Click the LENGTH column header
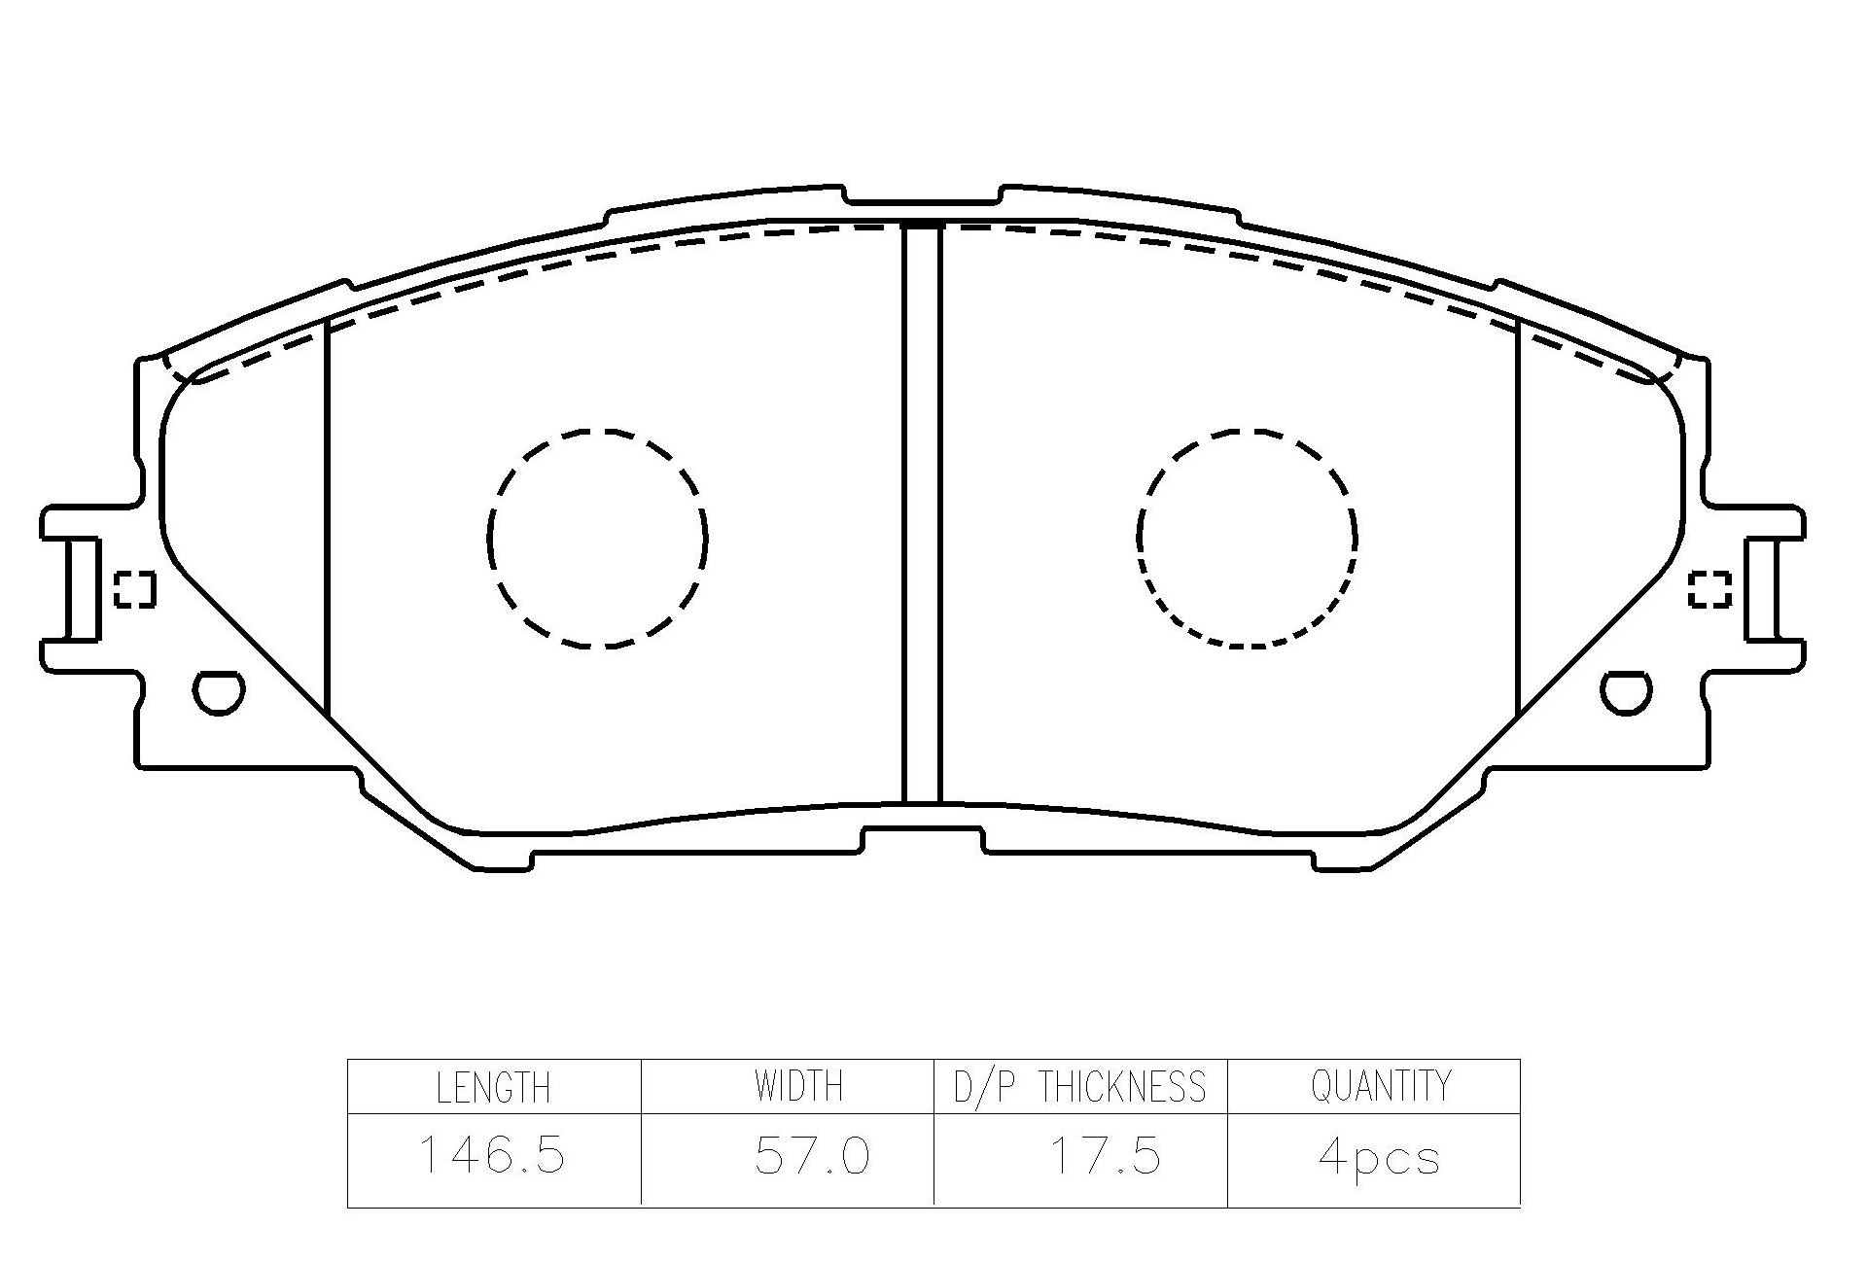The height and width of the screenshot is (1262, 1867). pyautogui.click(x=493, y=1087)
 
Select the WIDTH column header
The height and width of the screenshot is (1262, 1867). pyautogui.click(x=798, y=1086)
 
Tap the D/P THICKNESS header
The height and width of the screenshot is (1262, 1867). pyautogui.click(x=1079, y=1086)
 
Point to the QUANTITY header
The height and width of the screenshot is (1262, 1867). pyautogui.click(x=1381, y=1086)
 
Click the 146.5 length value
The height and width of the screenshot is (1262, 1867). pyautogui.click(x=491, y=1155)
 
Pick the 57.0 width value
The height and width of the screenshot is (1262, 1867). pyautogui.click(x=812, y=1156)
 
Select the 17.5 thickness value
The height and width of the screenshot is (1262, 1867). pyautogui.click(x=1105, y=1156)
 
